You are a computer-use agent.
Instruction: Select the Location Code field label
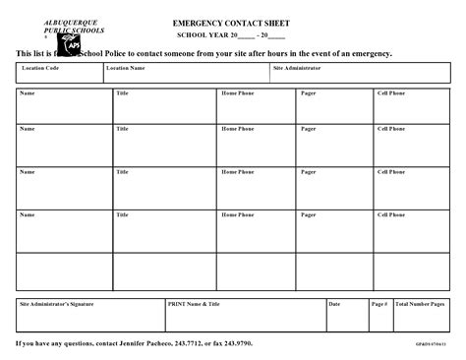[x=40, y=69]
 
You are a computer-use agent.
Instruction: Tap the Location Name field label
[x=126, y=69]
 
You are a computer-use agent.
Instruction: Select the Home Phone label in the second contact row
[x=237, y=129]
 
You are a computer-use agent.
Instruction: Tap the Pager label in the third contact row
[x=309, y=172]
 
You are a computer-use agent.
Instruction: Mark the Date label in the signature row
[x=334, y=304]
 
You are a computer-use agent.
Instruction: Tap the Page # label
[x=379, y=304]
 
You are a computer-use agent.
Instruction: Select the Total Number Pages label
[x=420, y=304]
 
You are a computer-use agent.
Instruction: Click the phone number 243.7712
[x=195, y=344]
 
